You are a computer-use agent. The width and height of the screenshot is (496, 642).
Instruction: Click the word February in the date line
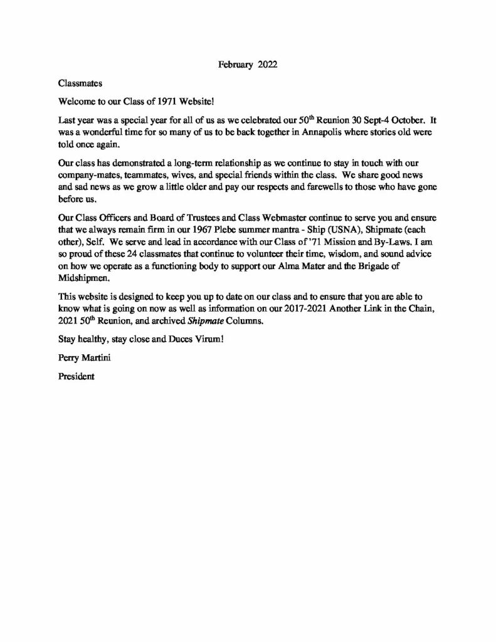coord(235,64)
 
